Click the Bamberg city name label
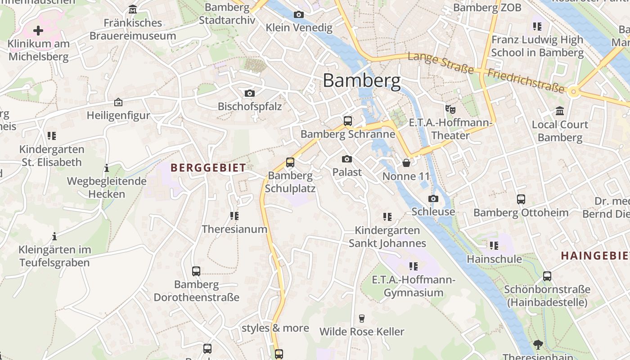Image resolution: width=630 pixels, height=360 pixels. click(361, 81)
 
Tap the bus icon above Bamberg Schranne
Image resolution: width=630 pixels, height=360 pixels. click(348, 121)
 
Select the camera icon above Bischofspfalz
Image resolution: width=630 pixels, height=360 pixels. click(249, 93)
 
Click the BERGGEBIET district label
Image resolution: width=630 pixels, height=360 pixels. click(208, 168)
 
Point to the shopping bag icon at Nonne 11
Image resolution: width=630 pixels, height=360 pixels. click(406, 162)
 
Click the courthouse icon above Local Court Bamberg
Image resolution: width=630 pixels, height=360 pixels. click(560, 111)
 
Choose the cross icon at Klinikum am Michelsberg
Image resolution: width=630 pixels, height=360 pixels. click(38, 31)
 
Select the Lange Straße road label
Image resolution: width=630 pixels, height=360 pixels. click(441, 63)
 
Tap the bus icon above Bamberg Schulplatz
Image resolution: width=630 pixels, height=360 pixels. click(290, 162)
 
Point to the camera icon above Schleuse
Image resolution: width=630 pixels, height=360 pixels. click(433, 198)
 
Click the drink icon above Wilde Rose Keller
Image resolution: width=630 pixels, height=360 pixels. click(361, 318)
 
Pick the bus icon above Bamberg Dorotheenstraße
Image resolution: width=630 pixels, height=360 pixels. click(196, 271)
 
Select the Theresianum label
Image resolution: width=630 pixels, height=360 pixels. click(234, 229)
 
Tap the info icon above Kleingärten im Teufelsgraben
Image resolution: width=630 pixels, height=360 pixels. click(54, 236)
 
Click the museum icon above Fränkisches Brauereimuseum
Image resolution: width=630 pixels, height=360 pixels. click(133, 9)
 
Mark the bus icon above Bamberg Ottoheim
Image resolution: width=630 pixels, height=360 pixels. click(521, 199)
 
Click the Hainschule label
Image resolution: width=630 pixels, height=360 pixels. click(494, 259)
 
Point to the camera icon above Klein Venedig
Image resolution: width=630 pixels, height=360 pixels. click(298, 14)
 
